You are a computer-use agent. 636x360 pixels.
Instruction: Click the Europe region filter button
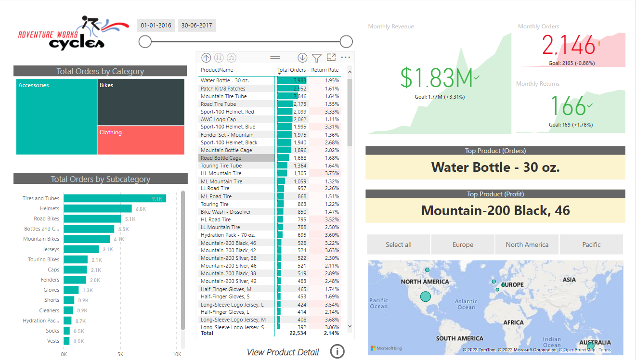tap(463, 244)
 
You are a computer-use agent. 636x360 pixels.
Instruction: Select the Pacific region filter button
tap(591, 244)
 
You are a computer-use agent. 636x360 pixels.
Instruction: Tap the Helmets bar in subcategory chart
tap(97, 208)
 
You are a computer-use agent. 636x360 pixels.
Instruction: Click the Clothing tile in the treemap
tap(141, 140)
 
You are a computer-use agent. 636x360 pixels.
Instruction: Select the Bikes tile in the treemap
tap(141, 102)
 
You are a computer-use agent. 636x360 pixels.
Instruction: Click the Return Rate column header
tap(325, 70)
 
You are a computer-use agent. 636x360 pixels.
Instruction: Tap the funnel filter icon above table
tap(316, 58)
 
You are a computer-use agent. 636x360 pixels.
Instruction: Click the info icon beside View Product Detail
tap(337, 352)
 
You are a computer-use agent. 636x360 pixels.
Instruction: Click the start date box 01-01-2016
tap(156, 26)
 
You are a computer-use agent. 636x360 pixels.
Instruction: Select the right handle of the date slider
tap(346, 41)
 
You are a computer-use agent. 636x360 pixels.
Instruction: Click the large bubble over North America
tap(425, 296)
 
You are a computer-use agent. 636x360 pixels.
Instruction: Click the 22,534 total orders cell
tap(298, 333)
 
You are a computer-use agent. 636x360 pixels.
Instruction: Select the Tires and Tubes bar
tap(115, 198)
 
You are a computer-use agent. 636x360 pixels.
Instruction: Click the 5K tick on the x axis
tap(120, 354)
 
